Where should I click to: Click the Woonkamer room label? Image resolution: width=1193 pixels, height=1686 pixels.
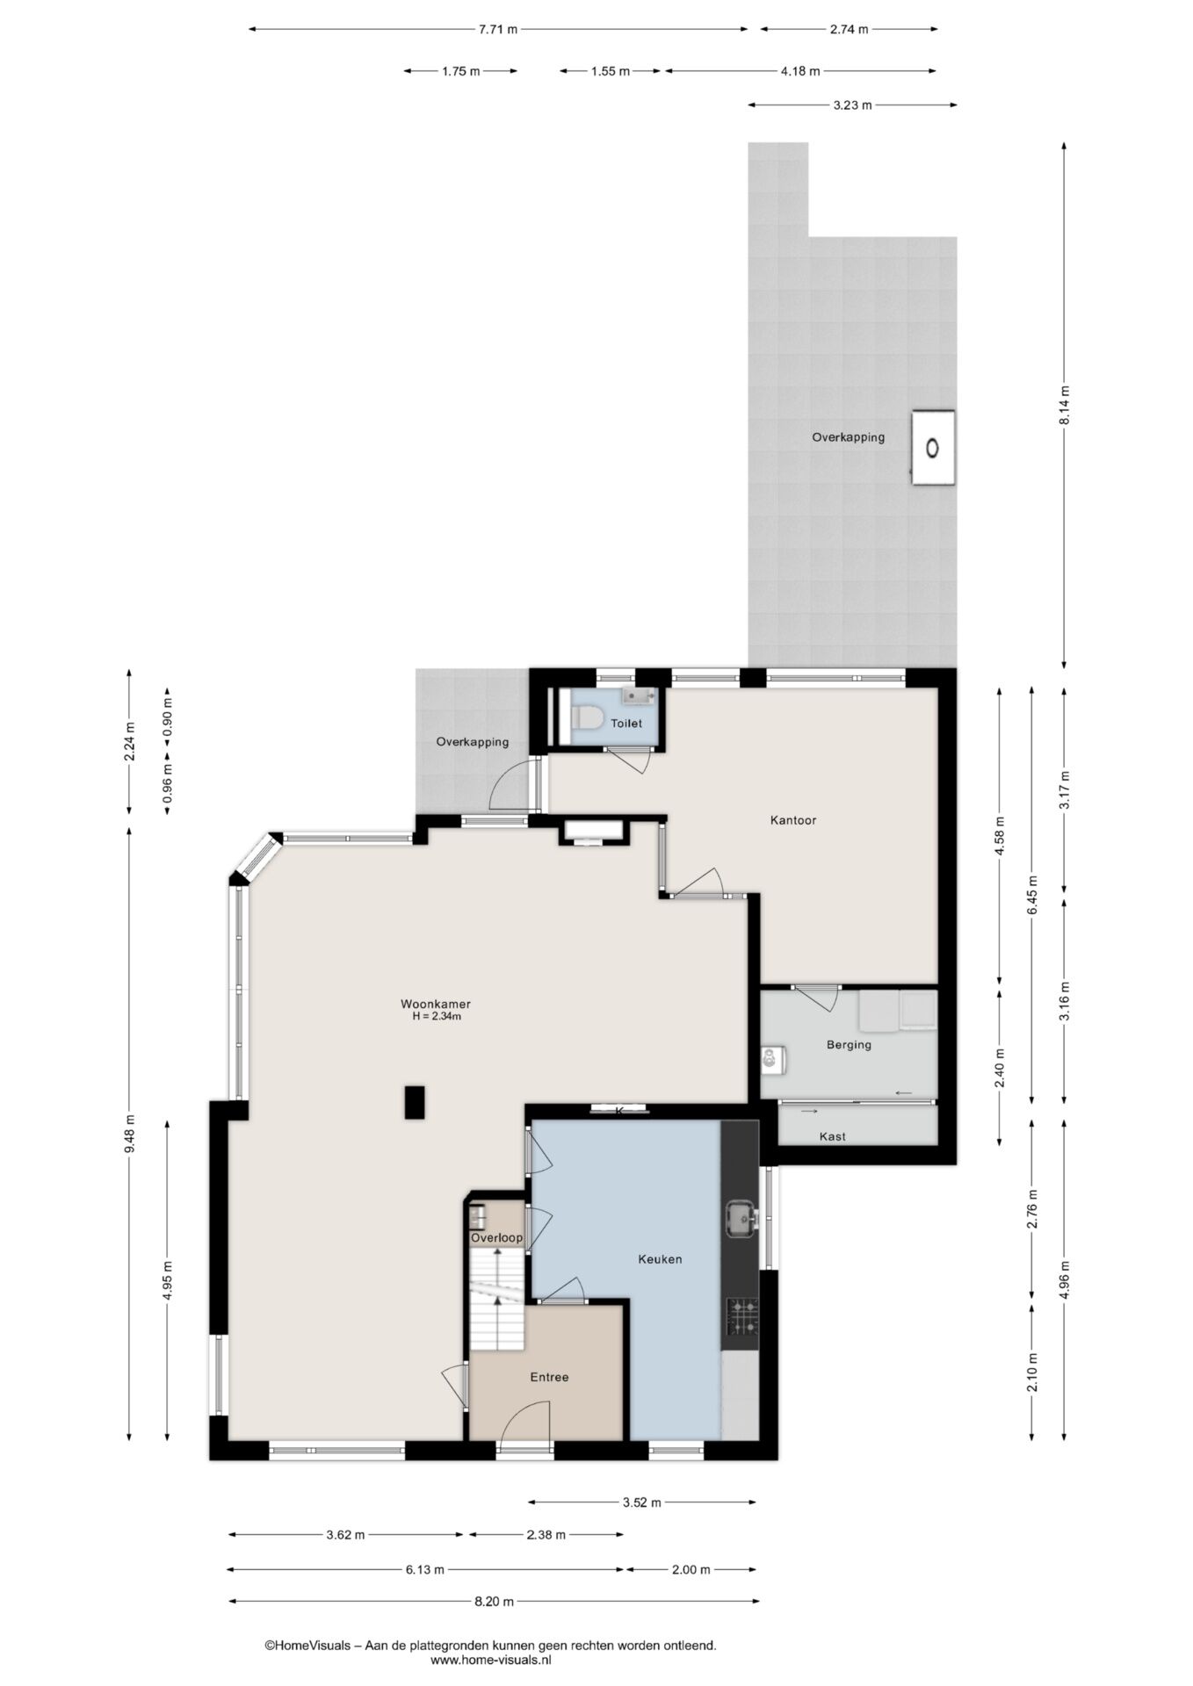coord(435,1004)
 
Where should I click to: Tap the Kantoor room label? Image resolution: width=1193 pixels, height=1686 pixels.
coord(793,820)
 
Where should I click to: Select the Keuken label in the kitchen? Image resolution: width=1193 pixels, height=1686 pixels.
coord(660,1259)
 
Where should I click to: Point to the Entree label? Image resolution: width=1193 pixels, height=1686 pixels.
coord(549,1377)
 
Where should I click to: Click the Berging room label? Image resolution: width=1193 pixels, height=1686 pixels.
coord(849,1045)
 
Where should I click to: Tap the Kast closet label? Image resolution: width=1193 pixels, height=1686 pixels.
coord(833,1136)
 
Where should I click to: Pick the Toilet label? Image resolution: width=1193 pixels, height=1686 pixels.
coord(626,724)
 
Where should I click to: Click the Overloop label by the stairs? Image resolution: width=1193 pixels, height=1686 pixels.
coord(496,1238)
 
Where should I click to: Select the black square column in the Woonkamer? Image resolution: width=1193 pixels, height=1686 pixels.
coord(415,1102)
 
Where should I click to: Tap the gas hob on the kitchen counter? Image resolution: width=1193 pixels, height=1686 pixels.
coord(741,1317)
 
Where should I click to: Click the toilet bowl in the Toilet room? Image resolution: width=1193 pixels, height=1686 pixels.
coord(586,719)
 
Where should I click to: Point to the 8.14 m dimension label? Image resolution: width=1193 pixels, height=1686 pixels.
coord(1065,406)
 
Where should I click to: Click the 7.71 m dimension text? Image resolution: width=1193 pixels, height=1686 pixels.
coord(498,29)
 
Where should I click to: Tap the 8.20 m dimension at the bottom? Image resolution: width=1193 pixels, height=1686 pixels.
coord(494,1601)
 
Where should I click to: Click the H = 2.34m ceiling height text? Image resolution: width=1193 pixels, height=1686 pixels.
coord(437,1017)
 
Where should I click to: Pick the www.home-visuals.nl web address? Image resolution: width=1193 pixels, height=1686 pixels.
coord(491,1660)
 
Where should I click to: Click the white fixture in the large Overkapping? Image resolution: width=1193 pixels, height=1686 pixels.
coord(933,448)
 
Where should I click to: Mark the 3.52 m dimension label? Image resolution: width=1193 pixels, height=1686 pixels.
coord(641,1502)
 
